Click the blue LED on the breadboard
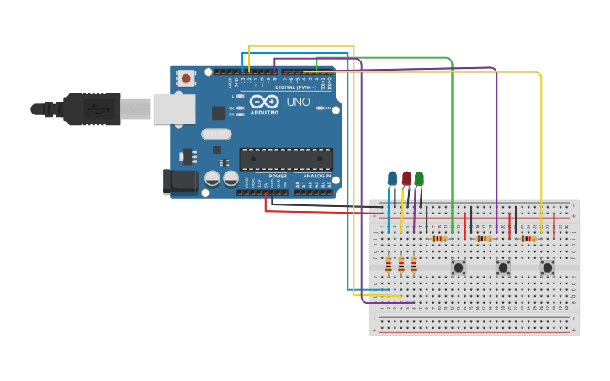(392, 178)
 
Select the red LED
(406, 178)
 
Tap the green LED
(419, 178)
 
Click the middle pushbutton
(503, 267)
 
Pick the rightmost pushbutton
(548, 267)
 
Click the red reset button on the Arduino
(186, 78)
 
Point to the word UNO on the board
(299, 102)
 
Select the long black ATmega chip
(286, 158)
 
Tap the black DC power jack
(179, 182)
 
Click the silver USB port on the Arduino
(174, 109)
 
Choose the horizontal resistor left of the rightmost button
(528, 239)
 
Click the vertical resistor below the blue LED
(389, 266)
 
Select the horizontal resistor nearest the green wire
(438, 239)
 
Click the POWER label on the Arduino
(278, 176)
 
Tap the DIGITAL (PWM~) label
(295, 87)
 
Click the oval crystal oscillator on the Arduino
(216, 134)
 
